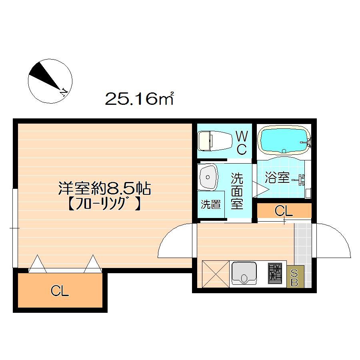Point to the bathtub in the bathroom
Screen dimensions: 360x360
(x=284, y=140)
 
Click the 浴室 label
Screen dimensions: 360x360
(x=277, y=178)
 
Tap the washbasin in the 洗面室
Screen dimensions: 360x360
(x=208, y=177)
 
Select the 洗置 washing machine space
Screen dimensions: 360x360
(x=211, y=204)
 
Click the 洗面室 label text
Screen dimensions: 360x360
(x=237, y=191)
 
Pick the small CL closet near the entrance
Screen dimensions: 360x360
(x=284, y=210)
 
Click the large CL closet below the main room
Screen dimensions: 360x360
(x=60, y=290)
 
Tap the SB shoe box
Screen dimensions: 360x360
(x=295, y=277)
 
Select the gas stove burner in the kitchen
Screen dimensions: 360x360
(x=275, y=274)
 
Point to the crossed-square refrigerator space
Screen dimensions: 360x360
(x=216, y=274)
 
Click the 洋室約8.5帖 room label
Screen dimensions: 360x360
(x=105, y=188)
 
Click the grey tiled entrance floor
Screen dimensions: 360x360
(x=303, y=243)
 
